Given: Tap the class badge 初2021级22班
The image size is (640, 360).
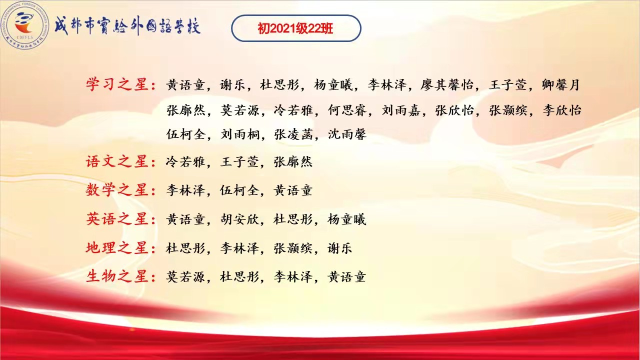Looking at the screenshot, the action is [296, 28].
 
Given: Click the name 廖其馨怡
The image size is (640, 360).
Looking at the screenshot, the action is [446, 85].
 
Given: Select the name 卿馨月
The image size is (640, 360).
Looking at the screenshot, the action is [560, 85].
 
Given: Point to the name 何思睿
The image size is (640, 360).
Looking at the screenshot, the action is [347, 110].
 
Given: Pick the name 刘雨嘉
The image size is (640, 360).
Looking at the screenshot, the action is [401, 110].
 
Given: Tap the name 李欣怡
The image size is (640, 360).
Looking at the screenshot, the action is [562, 110].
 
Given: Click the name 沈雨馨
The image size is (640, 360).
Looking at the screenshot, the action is [347, 134].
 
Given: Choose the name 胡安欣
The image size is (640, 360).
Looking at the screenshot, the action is [239, 219].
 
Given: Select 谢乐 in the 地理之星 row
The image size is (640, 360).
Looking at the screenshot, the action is [339, 248].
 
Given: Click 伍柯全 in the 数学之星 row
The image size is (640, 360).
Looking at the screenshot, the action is [239, 190].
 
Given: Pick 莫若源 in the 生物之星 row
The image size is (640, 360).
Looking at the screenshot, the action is [185, 277].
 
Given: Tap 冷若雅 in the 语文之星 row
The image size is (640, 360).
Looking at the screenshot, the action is [185, 162].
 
